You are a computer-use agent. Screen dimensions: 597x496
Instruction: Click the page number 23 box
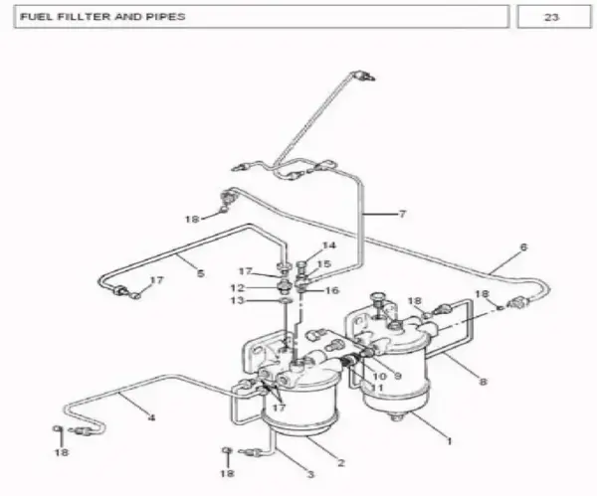[554, 17]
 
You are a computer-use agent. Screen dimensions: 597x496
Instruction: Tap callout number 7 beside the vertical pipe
[402, 214]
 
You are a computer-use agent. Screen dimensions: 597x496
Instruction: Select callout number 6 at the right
[524, 248]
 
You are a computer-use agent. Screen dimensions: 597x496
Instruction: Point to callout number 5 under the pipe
[201, 273]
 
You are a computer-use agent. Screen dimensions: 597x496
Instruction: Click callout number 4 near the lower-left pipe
[151, 418]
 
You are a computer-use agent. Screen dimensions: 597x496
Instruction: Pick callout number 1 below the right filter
[450, 441]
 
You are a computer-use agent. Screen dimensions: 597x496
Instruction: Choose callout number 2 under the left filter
[340, 462]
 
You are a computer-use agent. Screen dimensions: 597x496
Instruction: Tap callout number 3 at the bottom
[310, 474]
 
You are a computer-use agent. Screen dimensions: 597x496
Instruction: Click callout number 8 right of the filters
[483, 381]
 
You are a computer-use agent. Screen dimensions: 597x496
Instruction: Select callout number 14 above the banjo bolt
[329, 246]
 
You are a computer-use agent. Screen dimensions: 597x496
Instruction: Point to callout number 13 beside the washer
[237, 300]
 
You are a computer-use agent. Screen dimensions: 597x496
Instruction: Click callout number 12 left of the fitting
[237, 288]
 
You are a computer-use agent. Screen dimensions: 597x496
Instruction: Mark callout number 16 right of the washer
[331, 290]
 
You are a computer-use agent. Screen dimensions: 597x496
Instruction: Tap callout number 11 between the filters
[376, 388]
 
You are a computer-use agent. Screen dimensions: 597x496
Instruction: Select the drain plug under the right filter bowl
[396, 418]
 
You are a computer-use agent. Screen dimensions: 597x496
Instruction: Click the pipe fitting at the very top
[363, 76]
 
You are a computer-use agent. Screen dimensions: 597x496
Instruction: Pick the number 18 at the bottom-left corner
[62, 452]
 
